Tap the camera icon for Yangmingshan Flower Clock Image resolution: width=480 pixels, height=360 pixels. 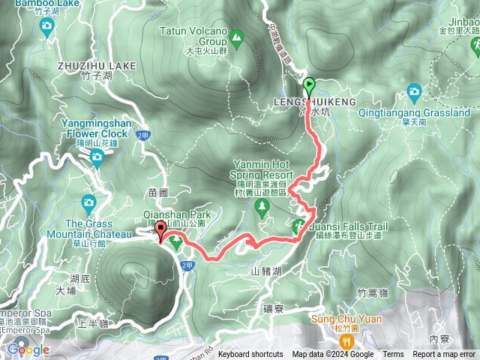click(97, 156)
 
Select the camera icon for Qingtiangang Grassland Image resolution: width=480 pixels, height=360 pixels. click(414, 92)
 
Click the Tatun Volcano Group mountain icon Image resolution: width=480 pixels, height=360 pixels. click(237, 35)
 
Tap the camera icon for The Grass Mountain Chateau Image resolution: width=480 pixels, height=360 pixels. click(88, 202)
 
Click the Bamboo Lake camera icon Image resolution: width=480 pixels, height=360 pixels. click(46, 27)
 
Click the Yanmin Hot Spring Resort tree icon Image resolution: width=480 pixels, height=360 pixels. click(262, 208)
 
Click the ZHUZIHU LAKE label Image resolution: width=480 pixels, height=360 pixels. click(97, 66)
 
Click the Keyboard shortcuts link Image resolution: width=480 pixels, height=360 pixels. click(250, 355)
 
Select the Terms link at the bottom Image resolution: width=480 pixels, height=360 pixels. click(393, 355)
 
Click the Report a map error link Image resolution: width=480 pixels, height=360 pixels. click(444, 355)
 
